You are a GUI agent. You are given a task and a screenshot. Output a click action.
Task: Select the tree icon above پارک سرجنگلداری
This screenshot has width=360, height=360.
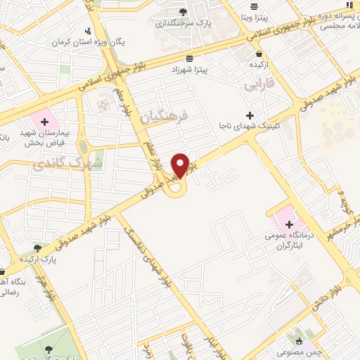[x=184, y=12]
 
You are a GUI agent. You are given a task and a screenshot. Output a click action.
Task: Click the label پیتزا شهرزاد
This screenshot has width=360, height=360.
[x=188, y=70]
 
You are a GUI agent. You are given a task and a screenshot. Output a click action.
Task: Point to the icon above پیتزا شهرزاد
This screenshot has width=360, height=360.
[x=188, y=59]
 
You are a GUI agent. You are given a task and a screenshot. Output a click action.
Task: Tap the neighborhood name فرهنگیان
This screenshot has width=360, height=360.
[x=165, y=115]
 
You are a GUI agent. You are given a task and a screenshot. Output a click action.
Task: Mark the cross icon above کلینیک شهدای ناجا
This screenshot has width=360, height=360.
[x=250, y=115]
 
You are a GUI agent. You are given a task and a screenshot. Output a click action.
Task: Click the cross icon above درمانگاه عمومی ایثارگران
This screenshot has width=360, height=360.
[x=290, y=223]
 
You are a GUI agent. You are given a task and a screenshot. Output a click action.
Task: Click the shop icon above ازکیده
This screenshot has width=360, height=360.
[x=260, y=53]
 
